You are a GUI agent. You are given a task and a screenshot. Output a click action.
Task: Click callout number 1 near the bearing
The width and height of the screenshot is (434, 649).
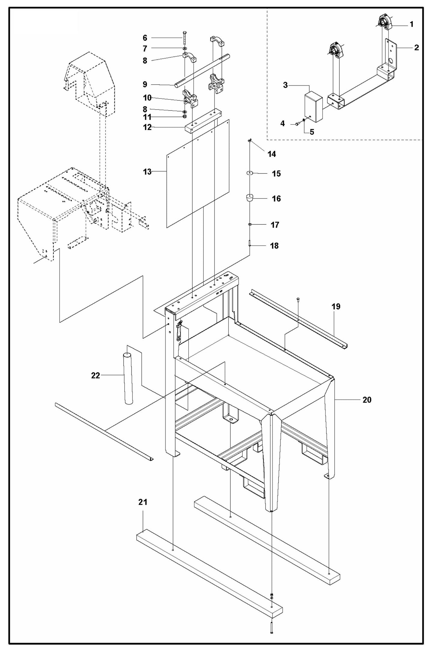pos(411,24)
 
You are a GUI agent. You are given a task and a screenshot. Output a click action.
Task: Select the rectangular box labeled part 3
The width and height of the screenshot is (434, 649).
pos(313,107)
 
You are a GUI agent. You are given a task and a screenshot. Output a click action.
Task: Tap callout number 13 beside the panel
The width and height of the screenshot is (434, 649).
pos(147,172)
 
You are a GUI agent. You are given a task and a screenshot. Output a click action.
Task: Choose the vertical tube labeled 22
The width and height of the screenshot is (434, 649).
pos(129,379)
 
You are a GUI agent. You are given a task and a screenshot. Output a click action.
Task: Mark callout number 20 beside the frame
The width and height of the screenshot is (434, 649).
pos(367,400)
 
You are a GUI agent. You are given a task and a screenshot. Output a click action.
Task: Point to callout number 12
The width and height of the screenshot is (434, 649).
pos(147,127)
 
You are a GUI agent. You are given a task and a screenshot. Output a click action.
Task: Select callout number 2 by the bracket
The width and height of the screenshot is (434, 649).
pos(416,47)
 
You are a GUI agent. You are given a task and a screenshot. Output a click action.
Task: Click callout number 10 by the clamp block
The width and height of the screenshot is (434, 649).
pos(147,98)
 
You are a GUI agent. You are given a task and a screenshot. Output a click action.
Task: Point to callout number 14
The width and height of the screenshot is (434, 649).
pos(272,154)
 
